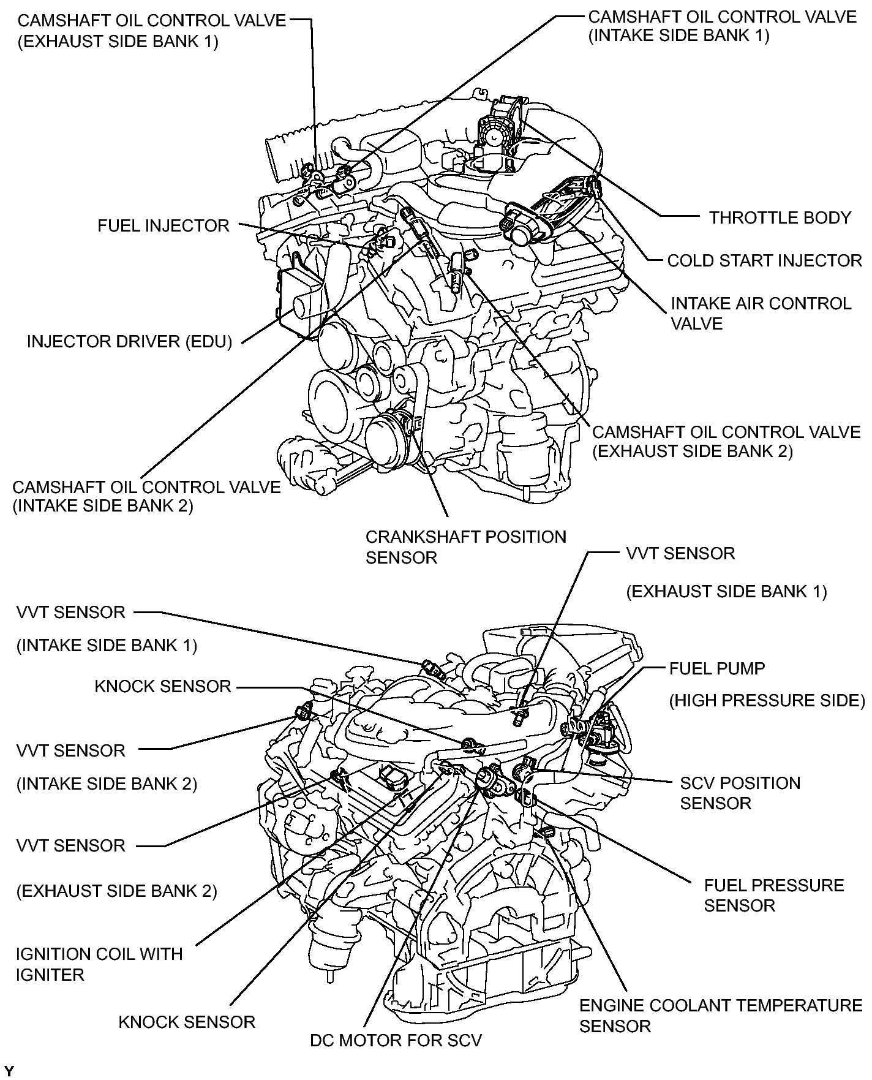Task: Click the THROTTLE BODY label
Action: tap(780, 217)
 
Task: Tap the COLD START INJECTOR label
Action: tap(764, 260)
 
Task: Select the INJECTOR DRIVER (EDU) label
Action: tap(129, 341)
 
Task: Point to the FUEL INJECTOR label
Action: tap(163, 225)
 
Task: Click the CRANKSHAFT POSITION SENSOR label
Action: tap(465, 547)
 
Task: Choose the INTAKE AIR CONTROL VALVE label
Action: tap(761, 313)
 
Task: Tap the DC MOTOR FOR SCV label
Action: tap(396, 1040)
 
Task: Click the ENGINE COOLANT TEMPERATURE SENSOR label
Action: tap(720, 1015)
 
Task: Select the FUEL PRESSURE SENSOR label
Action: tap(773, 895)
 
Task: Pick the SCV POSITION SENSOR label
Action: tap(740, 793)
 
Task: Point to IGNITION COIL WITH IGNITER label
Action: tap(99, 964)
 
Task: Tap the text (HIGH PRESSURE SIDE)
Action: tap(766, 700)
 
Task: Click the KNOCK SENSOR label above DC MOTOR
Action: tap(186, 1021)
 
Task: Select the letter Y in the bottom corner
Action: tap(9, 1071)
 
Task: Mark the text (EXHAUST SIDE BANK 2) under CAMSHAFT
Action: tap(692, 451)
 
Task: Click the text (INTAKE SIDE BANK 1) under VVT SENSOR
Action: tap(107, 645)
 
